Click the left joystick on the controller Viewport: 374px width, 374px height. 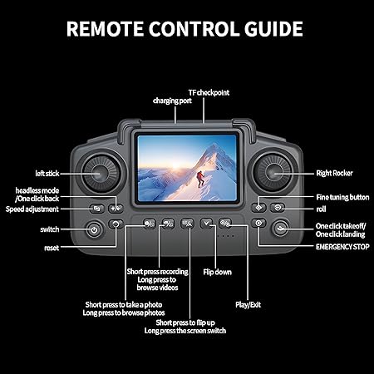click(x=100, y=174)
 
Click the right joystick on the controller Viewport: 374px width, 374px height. click(x=274, y=174)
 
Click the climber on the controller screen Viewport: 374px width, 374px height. click(x=199, y=175)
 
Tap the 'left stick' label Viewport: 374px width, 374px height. click(x=47, y=174)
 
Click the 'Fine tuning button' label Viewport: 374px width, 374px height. click(x=342, y=197)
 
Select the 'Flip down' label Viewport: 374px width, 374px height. click(x=218, y=272)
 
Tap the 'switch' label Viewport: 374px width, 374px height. click(x=49, y=229)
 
